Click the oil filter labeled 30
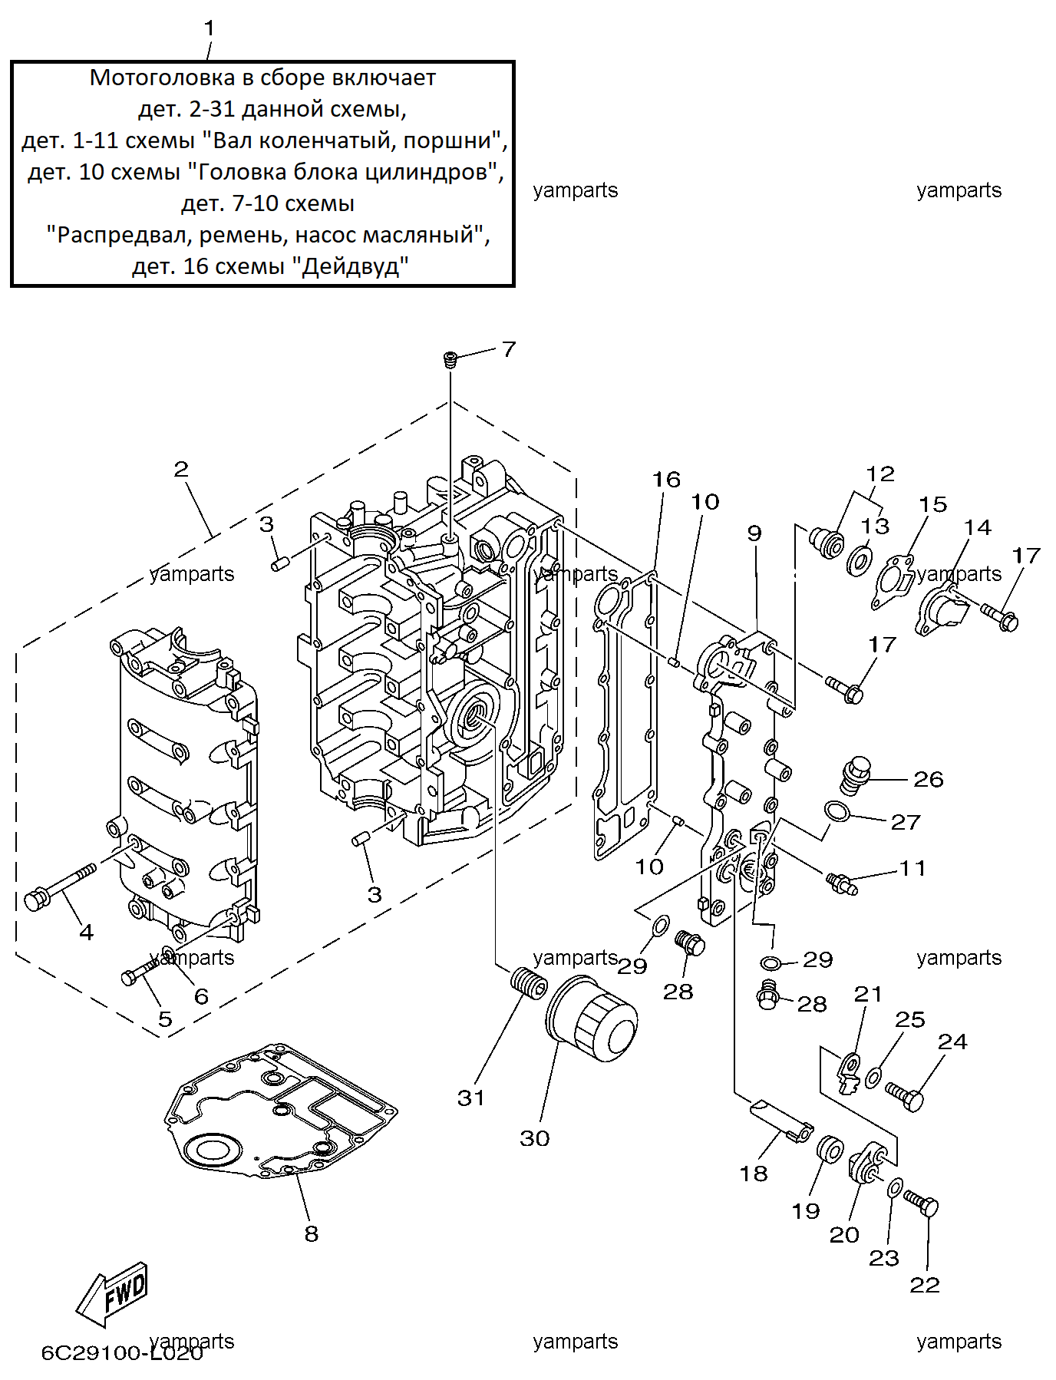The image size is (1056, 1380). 591,1018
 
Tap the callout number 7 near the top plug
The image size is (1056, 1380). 509,349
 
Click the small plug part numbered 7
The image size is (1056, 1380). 450,359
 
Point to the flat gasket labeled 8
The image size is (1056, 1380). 280,1110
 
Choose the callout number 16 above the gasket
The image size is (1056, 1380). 666,480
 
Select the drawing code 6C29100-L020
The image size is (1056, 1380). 122,1352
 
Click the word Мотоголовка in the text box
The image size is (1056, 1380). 162,78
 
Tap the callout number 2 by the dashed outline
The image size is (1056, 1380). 181,469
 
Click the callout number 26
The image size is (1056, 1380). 928,780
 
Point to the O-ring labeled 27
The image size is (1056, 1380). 837,811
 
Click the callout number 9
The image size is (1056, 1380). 754,533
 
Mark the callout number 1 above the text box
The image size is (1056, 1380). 210,28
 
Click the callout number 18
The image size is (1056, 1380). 753,1174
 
